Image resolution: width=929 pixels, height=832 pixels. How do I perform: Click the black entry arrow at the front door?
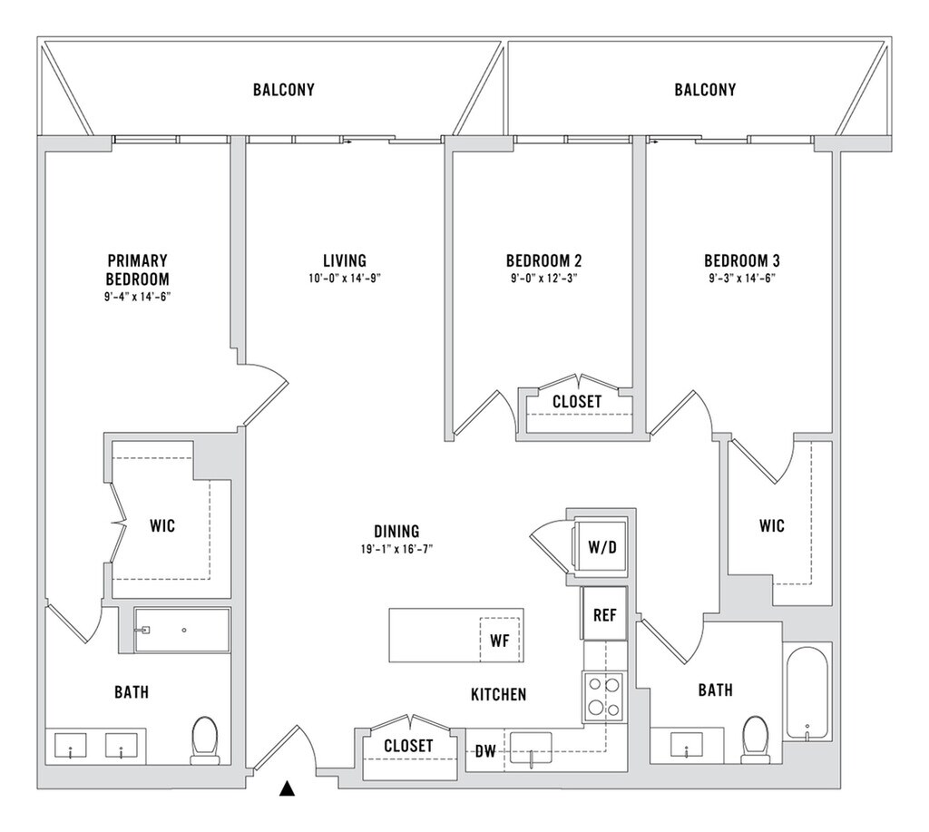point(288,788)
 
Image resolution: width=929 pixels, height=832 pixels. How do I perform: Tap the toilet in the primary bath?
point(205,739)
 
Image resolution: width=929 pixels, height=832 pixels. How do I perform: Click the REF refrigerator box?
point(604,614)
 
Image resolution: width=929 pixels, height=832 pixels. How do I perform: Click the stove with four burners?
point(602,696)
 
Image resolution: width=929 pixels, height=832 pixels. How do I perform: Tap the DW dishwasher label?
point(485,751)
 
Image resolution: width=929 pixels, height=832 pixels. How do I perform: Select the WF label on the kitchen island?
point(499,641)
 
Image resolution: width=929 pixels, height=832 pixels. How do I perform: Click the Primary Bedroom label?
point(137,269)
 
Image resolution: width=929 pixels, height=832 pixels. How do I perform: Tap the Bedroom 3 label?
point(741,260)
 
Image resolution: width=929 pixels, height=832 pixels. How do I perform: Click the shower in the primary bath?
point(182,630)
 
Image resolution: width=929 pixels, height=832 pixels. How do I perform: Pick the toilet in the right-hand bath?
point(755,739)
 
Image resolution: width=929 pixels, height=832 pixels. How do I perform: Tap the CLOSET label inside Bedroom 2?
point(577,401)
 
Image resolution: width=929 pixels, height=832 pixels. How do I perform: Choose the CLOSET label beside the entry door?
point(408,746)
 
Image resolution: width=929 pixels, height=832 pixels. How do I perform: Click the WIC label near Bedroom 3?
point(772,525)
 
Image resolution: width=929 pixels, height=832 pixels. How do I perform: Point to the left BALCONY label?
point(284,90)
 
